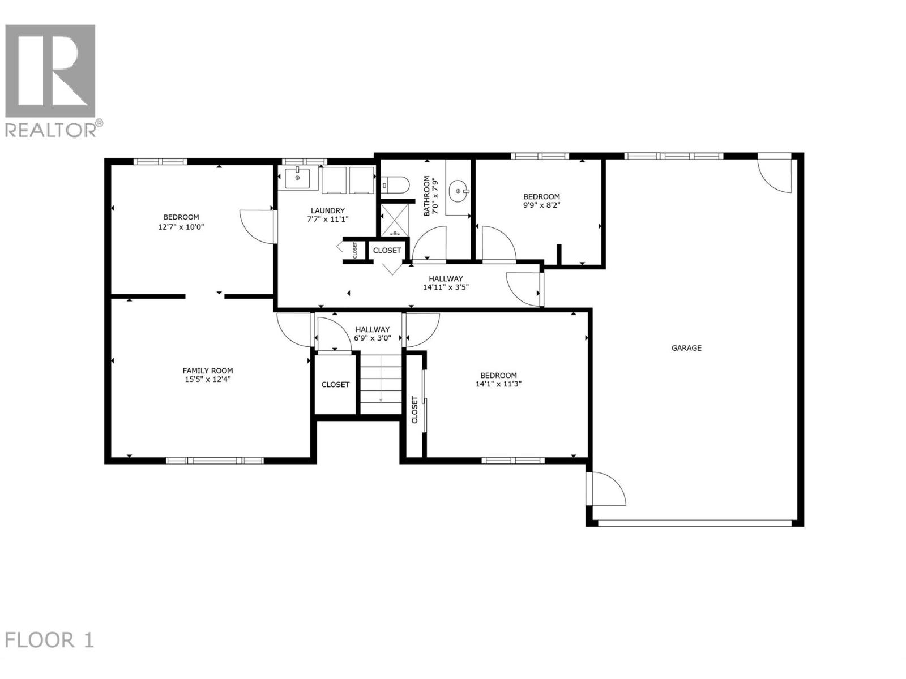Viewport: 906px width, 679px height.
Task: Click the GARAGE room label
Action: (686, 348)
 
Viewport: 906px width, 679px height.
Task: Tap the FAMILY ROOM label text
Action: (207, 371)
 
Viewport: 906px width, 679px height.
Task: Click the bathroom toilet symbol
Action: (395, 184)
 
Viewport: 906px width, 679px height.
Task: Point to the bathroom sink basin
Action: (458, 191)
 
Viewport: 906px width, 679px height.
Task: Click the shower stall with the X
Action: (394, 220)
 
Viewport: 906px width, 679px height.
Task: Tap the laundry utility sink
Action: (297, 178)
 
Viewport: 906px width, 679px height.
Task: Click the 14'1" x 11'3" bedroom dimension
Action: (498, 384)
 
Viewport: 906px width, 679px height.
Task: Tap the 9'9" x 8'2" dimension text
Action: (541, 206)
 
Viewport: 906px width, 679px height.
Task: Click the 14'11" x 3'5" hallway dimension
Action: (446, 287)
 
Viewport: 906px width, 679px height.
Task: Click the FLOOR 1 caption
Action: (49, 641)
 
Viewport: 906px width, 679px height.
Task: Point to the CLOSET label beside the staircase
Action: (335, 385)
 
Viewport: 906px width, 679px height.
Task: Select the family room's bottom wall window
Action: (215, 460)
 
